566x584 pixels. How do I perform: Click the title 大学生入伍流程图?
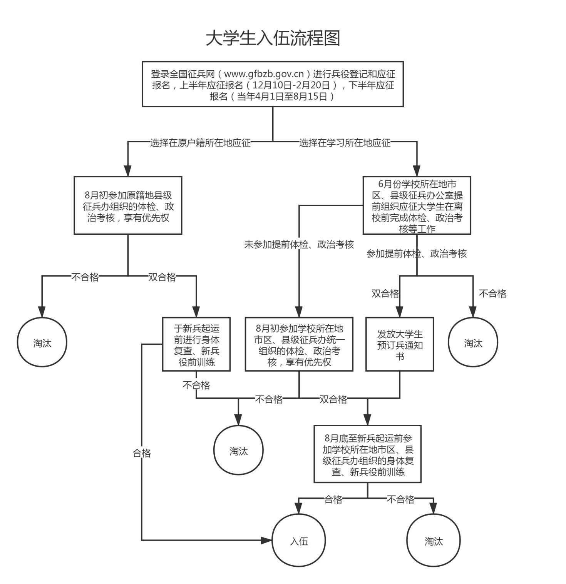273,38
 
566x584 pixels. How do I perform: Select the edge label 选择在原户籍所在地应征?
200,143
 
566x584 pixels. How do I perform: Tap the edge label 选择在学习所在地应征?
345,143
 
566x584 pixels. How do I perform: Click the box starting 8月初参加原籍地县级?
128,205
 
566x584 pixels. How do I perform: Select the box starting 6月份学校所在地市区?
417,205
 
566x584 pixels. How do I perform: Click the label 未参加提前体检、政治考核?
299,245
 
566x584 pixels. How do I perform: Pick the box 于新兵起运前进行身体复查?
196,344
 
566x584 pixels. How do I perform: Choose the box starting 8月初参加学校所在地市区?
299,344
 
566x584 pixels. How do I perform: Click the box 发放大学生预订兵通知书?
400,344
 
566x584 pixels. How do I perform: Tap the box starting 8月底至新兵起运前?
367,454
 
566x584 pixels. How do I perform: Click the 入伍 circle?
299,541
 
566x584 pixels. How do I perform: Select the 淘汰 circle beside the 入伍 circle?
434,541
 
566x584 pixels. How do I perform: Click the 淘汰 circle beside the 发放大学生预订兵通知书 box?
473,342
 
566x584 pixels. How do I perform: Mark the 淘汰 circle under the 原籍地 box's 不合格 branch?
42,342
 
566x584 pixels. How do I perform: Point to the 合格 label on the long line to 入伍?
142,453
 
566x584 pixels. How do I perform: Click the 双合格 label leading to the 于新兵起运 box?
162,277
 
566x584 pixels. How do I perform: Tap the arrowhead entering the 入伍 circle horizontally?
266,541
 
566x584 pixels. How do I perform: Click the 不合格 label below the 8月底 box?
400,499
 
